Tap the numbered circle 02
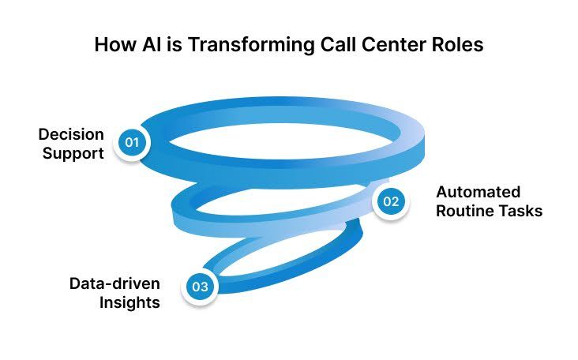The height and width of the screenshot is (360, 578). tap(391, 201)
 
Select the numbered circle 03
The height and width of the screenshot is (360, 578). tap(201, 286)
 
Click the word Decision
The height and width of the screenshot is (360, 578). tap(69, 133)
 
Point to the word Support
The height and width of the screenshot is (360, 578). tap(73, 152)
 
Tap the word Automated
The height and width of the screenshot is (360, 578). tap(478, 192)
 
